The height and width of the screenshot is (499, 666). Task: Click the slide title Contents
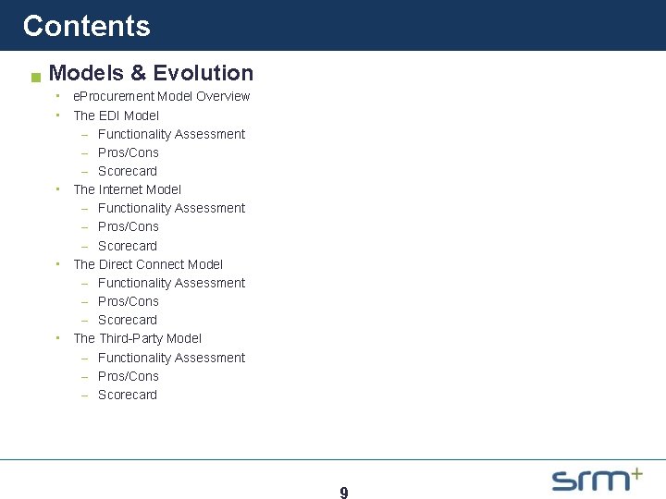[x=86, y=26]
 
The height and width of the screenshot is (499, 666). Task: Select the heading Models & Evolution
[x=151, y=73]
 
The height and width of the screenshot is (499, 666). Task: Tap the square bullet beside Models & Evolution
[x=35, y=77]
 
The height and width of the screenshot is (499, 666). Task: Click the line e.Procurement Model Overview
[x=161, y=96]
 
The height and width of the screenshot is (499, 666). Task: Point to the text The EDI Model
[x=116, y=116]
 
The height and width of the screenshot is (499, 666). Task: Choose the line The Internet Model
[x=127, y=189]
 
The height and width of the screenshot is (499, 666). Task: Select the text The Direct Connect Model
[x=148, y=264]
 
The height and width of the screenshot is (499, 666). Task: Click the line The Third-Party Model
[x=137, y=338]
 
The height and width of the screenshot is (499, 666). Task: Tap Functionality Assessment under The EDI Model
[x=171, y=134]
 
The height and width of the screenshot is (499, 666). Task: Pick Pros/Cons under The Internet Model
[x=128, y=226]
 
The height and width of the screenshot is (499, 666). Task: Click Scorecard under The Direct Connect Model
[x=127, y=320]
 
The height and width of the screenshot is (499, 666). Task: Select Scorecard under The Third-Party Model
[x=127, y=395]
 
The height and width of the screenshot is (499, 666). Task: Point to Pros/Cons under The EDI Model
[x=128, y=152]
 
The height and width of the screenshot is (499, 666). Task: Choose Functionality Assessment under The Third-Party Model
[x=171, y=358]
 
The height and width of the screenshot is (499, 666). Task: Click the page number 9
[x=344, y=493]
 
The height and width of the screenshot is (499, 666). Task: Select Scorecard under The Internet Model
[x=127, y=246]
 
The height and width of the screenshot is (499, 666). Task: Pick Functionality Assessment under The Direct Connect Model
[x=171, y=283]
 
